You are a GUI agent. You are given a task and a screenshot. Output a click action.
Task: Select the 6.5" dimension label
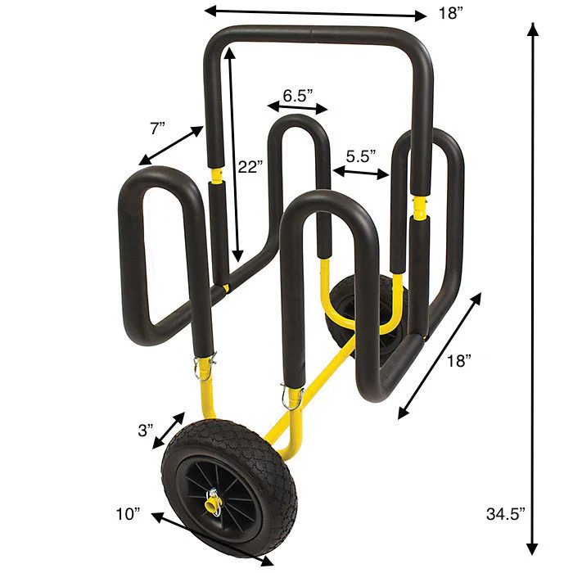point(297,94)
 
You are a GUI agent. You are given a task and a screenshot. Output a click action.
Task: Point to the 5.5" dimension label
point(360,155)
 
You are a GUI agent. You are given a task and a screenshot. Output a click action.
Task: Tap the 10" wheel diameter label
point(128,513)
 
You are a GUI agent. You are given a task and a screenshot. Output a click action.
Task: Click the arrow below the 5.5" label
point(360,172)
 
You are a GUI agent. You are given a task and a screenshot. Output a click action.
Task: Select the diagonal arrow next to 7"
point(171,145)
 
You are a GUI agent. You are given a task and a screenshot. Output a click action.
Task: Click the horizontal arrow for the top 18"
point(315,12)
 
